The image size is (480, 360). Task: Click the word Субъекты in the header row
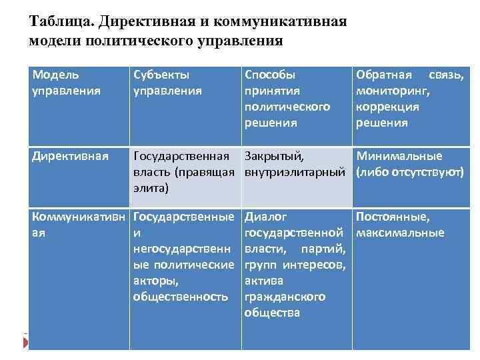(161, 75)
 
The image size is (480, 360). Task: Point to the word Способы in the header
(270, 75)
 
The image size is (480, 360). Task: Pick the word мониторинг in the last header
(389, 91)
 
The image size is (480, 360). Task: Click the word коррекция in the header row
(387, 107)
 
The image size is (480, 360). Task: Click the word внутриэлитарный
(295, 173)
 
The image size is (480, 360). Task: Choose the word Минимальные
(399, 157)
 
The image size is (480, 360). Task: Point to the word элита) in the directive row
(151, 189)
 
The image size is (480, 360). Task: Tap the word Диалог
(266, 217)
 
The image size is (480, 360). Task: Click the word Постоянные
(394, 217)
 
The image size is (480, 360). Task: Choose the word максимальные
(400, 233)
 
